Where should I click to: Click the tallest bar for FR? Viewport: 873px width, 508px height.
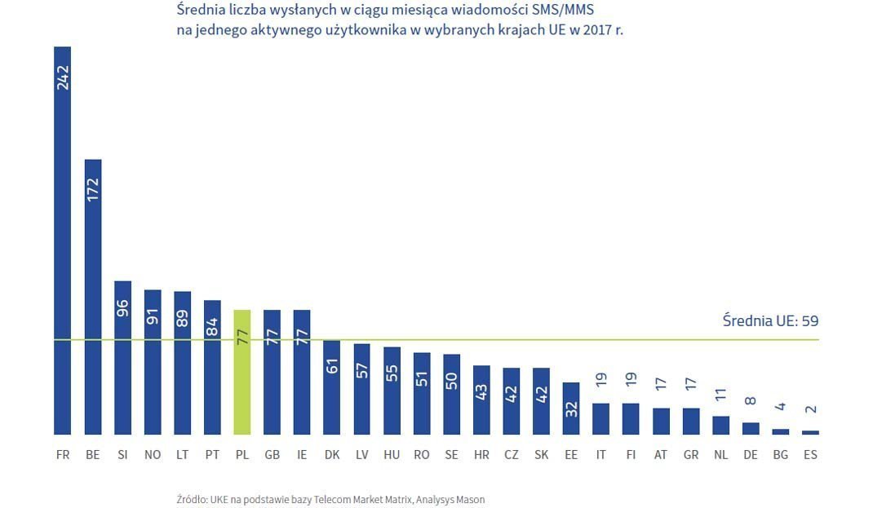pos(63,245)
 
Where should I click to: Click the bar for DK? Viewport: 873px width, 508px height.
pos(332,387)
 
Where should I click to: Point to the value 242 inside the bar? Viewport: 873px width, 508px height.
pos(63,77)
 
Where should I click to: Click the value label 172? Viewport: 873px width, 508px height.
pos(93,190)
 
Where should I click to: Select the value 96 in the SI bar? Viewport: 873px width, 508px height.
pos(123,307)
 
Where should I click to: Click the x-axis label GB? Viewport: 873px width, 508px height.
pos(272,455)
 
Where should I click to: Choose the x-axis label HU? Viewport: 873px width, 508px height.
pos(392,455)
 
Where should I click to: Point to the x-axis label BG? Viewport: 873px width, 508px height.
pos(781,455)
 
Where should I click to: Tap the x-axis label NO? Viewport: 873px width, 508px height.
pos(153,455)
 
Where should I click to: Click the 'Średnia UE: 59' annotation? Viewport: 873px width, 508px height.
pos(770,321)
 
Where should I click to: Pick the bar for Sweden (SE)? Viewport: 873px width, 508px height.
pos(451,395)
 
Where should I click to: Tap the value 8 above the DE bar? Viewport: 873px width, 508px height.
pos(751,402)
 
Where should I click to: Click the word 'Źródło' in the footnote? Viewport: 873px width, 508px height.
pos(193,499)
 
